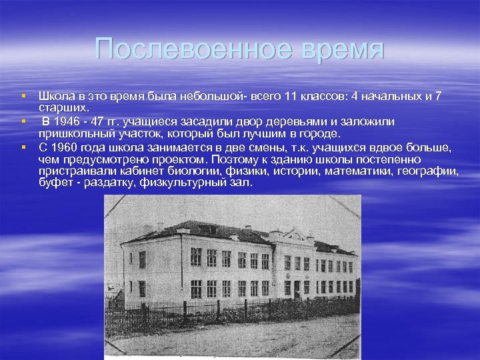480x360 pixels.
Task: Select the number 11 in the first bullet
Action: (x=291, y=97)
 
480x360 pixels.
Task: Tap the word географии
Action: (x=428, y=171)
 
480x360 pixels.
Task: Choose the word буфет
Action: (x=54, y=183)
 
